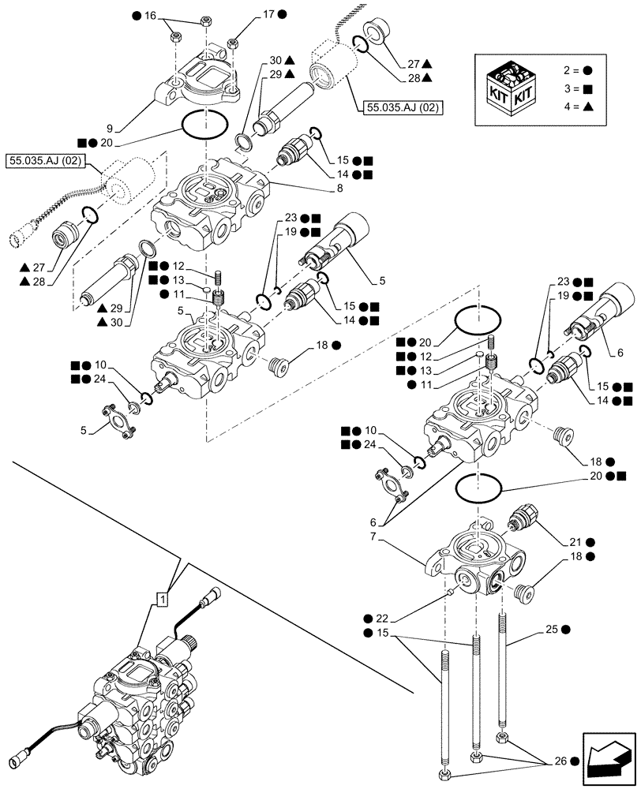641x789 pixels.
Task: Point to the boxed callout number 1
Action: pyautogui.click(x=163, y=600)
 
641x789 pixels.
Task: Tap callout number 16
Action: pyautogui.click(x=151, y=14)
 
